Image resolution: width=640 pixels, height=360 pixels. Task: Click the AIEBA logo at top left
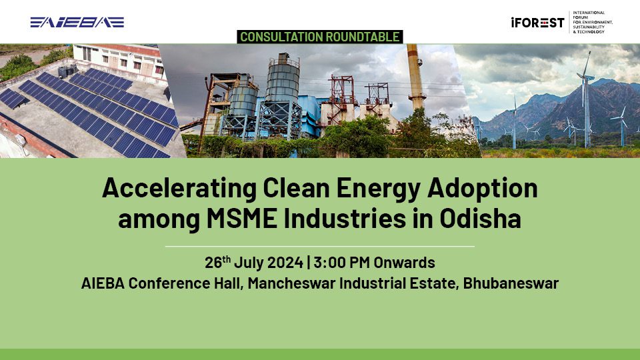pos(77,22)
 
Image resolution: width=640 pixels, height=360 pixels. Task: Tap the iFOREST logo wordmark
pos(537,23)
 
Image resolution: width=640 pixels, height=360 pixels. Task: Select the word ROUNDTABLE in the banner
pos(363,37)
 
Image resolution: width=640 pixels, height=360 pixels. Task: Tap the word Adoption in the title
pos(483,189)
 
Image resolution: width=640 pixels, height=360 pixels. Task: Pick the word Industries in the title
pos(347,219)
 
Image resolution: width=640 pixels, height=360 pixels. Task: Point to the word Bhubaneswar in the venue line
pos(511,283)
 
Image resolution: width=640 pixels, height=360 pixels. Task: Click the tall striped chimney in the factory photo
pos(415,76)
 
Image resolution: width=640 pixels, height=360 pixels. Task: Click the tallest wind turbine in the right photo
pos(587,100)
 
